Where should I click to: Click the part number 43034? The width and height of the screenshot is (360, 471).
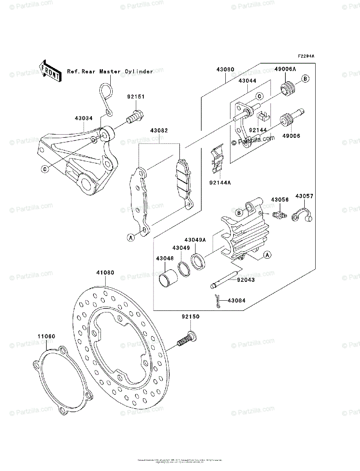pyautogui.click(x=83, y=117)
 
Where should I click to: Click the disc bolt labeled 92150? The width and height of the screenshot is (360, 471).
pyautogui.click(x=186, y=339)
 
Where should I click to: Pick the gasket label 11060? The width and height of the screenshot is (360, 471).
pyautogui.click(x=46, y=336)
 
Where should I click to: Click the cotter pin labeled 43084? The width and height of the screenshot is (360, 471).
pyautogui.click(x=217, y=301)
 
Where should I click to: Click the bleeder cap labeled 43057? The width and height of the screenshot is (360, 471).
pyautogui.click(x=302, y=215)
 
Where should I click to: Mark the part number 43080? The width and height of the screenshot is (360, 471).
pyautogui.click(x=225, y=69)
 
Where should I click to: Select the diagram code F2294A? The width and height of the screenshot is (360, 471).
pyautogui.click(x=305, y=57)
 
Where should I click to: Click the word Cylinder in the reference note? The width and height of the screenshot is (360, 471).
pyautogui.click(x=139, y=72)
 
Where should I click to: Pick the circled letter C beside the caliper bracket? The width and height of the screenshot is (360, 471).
pyautogui.click(x=45, y=169)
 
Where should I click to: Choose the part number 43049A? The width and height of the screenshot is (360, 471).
pyautogui.click(x=195, y=240)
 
